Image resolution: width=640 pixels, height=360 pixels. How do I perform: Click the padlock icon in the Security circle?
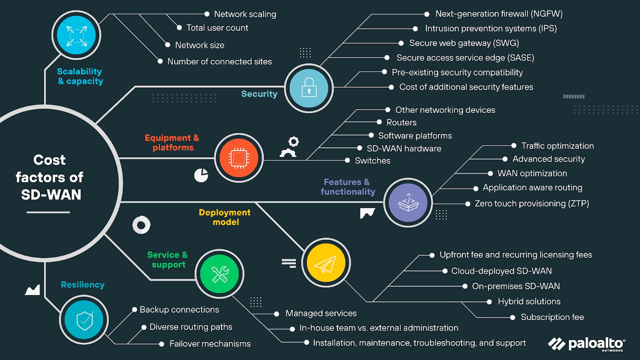tap(309, 88)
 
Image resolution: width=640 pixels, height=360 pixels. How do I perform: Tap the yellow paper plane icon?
tap(326, 263)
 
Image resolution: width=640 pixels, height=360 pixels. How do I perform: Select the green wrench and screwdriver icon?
tap(220, 274)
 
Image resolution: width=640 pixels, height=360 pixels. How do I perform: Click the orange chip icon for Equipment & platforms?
tap(239, 158)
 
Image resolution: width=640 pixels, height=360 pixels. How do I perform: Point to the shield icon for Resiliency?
tap(84, 320)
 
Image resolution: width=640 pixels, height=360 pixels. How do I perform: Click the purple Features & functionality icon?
tap(408, 203)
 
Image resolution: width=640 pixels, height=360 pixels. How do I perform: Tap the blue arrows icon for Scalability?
tap(76, 36)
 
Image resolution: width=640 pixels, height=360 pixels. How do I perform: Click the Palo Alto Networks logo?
tap(586, 344)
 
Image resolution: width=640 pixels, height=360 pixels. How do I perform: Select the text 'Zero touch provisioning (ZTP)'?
tap(532, 204)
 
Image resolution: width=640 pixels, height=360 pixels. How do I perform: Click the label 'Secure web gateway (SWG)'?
tap(464, 43)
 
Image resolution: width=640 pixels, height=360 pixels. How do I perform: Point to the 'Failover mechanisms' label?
tap(210, 344)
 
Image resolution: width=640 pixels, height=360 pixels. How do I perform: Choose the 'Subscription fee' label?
tap(552, 317)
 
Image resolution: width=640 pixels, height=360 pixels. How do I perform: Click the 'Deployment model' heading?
tap(225, 217)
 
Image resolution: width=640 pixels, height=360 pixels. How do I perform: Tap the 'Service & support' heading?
tap(168, 260)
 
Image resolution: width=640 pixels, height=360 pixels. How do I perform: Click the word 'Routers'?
tap(402, 122)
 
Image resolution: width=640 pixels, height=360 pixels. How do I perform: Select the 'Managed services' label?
tap(321, 313)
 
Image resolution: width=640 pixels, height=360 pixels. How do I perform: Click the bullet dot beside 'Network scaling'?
tap(207, 14)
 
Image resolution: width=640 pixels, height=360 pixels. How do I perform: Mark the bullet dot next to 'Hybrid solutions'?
tap(489, 302)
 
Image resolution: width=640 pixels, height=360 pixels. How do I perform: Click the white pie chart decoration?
tap(201, 175)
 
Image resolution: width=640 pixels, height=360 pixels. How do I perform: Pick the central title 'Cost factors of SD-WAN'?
tap(50, 177)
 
